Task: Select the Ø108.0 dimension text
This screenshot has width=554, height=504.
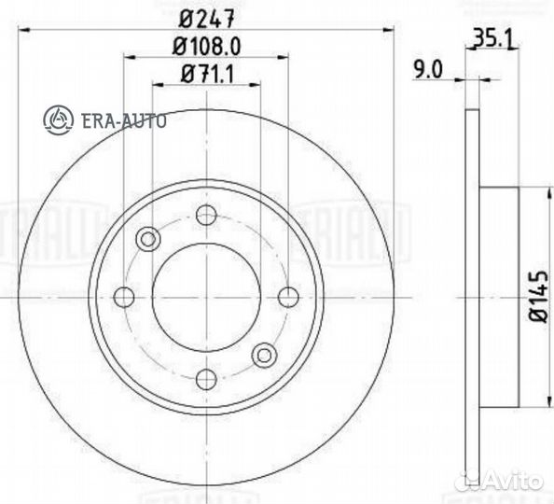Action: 206,45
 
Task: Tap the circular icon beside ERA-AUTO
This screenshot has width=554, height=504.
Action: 58,119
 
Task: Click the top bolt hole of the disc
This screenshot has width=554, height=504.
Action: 206,215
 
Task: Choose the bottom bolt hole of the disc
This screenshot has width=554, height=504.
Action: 206,378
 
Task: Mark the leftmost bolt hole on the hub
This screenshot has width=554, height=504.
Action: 124,297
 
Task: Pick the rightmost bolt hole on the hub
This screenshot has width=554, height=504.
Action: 288,297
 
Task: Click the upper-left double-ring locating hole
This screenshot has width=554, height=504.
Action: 147,239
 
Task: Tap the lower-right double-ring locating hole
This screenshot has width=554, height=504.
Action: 265,355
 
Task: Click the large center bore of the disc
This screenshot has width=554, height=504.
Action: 206,297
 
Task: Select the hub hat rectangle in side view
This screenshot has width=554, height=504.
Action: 498,297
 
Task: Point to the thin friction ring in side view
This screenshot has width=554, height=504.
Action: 471,297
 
